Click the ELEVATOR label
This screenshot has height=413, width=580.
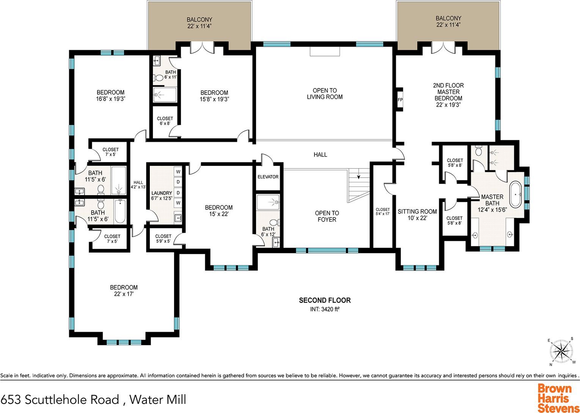tap(268, 177)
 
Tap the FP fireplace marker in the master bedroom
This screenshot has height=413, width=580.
tap(400, 99)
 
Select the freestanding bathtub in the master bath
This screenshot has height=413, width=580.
tap(516, 194)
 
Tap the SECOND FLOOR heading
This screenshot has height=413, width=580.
tap(325, 300)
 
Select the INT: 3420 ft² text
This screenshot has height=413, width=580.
tap(325, 309)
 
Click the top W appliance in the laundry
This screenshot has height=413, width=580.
tap(178, 172)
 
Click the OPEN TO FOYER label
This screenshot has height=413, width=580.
tap(327, 216)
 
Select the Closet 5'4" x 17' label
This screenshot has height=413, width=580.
tap(383, 211)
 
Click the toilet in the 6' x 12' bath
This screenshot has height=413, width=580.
tap(274, 222)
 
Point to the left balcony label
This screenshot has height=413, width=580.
tap(200, 23)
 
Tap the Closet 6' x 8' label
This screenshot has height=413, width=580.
tap(165, 121)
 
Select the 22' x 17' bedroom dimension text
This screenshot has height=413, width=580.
tap(124, 294)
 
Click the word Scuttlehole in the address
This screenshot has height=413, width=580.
tap(72, 399)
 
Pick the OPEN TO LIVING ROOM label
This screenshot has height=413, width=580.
tap(325, 93)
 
